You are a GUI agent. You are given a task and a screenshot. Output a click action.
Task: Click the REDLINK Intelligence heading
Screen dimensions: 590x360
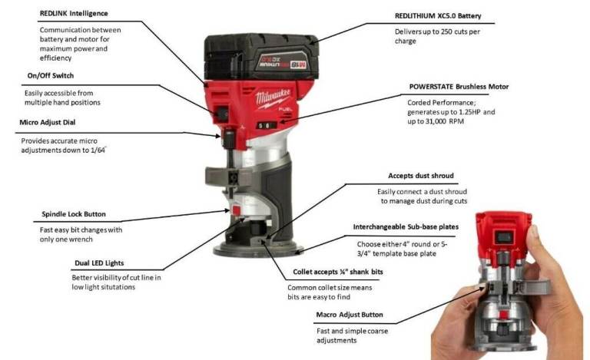click(74, 14)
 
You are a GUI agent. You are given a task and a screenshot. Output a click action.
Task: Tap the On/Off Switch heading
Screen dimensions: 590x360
click(51, 75)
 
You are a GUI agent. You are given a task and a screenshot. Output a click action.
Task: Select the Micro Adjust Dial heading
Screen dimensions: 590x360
click(48, 122)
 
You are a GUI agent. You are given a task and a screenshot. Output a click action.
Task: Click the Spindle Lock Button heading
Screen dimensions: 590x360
click(74, 214)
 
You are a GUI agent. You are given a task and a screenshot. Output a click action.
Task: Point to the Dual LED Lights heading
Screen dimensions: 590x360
click(99, 263)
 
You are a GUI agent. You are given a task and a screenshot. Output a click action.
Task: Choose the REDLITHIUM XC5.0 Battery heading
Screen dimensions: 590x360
click(438, 16)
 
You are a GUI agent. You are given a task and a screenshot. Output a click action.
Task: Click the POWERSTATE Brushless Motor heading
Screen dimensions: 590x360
click(459, 87)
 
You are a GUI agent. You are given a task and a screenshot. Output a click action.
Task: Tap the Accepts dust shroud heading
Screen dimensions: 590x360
click(421, 176)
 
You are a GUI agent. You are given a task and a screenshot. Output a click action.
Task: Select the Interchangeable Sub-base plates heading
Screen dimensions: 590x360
click(406, 227)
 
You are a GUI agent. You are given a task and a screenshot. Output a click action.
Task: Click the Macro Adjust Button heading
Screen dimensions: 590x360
click(350, 315)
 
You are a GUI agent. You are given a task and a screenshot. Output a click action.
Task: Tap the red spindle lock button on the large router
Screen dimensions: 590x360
click(236, 210)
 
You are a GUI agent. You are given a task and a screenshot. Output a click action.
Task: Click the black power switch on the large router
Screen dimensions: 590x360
click(222, 113)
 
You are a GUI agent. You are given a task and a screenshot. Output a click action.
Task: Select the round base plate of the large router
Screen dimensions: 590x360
click(258, 249)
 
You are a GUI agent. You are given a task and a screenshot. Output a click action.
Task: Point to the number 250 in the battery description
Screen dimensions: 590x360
click(446, 32)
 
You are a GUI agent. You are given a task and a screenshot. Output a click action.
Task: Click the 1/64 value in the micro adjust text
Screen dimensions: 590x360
click(98, 150)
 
